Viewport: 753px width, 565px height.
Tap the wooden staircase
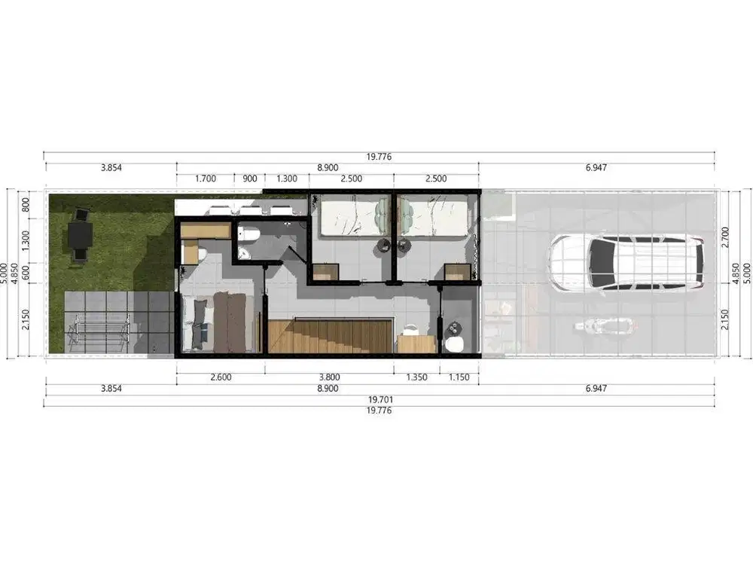click(x=330, y=335)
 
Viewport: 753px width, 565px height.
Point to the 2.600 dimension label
click(x=221, y=377)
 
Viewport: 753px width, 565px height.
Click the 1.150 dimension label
click(x=459, y=377)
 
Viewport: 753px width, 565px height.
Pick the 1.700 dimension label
click(x=206, y=179)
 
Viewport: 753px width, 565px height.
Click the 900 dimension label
click(x=249, y=179)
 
